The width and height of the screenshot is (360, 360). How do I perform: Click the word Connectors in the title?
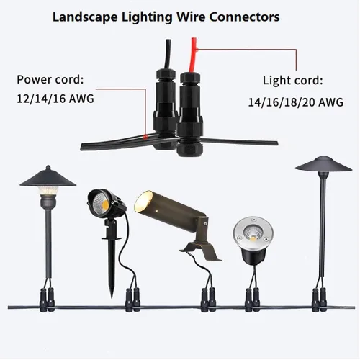[x=244, y=17]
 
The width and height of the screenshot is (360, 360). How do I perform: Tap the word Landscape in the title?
[x=85, y=17]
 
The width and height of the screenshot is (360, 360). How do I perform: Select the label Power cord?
[x=50, y=79]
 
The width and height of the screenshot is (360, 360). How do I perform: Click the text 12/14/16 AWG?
[x=55, y=99]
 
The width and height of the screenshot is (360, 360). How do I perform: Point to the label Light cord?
[x=293, y=81]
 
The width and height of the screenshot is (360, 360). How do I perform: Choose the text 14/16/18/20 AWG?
[x=295, y=102]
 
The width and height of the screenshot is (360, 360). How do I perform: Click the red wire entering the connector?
[x=192, y=55]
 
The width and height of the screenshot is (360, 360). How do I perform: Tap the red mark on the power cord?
[x=145, y=137]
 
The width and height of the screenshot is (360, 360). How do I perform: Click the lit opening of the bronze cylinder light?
[x=143, y=200]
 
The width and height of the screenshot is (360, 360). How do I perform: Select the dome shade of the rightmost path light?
[x=323, y=164]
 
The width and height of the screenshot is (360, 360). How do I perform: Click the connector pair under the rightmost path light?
[x=320, y=300]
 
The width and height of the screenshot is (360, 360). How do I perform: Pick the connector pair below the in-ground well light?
[x=253, y=300]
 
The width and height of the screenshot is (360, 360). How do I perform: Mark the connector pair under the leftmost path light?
[x=47, y=300]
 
